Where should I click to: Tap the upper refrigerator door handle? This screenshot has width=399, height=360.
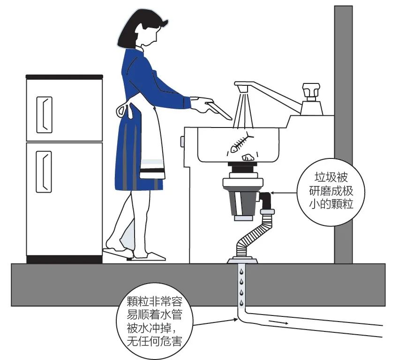[x=44, y=115]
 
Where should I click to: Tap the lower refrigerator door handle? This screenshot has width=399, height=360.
[x=44, y=172]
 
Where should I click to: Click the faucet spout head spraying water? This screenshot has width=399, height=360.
[x=242, y=89]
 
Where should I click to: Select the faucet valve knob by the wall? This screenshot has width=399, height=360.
[x=311, y=92]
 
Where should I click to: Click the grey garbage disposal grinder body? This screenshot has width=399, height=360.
[x=242, y=202]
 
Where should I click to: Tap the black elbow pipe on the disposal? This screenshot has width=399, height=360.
[x=266, y=200]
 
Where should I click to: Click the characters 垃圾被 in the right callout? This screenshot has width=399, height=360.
[x=331, y=177]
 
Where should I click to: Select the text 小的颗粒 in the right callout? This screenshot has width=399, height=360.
[x=331, y=204]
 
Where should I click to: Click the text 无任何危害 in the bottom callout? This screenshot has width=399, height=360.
[x=154, y=341]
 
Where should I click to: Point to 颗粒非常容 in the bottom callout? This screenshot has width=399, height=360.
[x=154, y=302]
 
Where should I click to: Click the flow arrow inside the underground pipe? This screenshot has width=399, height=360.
[x=279, y=322]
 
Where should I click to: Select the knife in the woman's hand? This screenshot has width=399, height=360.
[x=218, y=110]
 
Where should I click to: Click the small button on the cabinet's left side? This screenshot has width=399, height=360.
[x=182, y=142]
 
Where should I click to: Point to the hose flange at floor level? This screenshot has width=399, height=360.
[x=242, y=260]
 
